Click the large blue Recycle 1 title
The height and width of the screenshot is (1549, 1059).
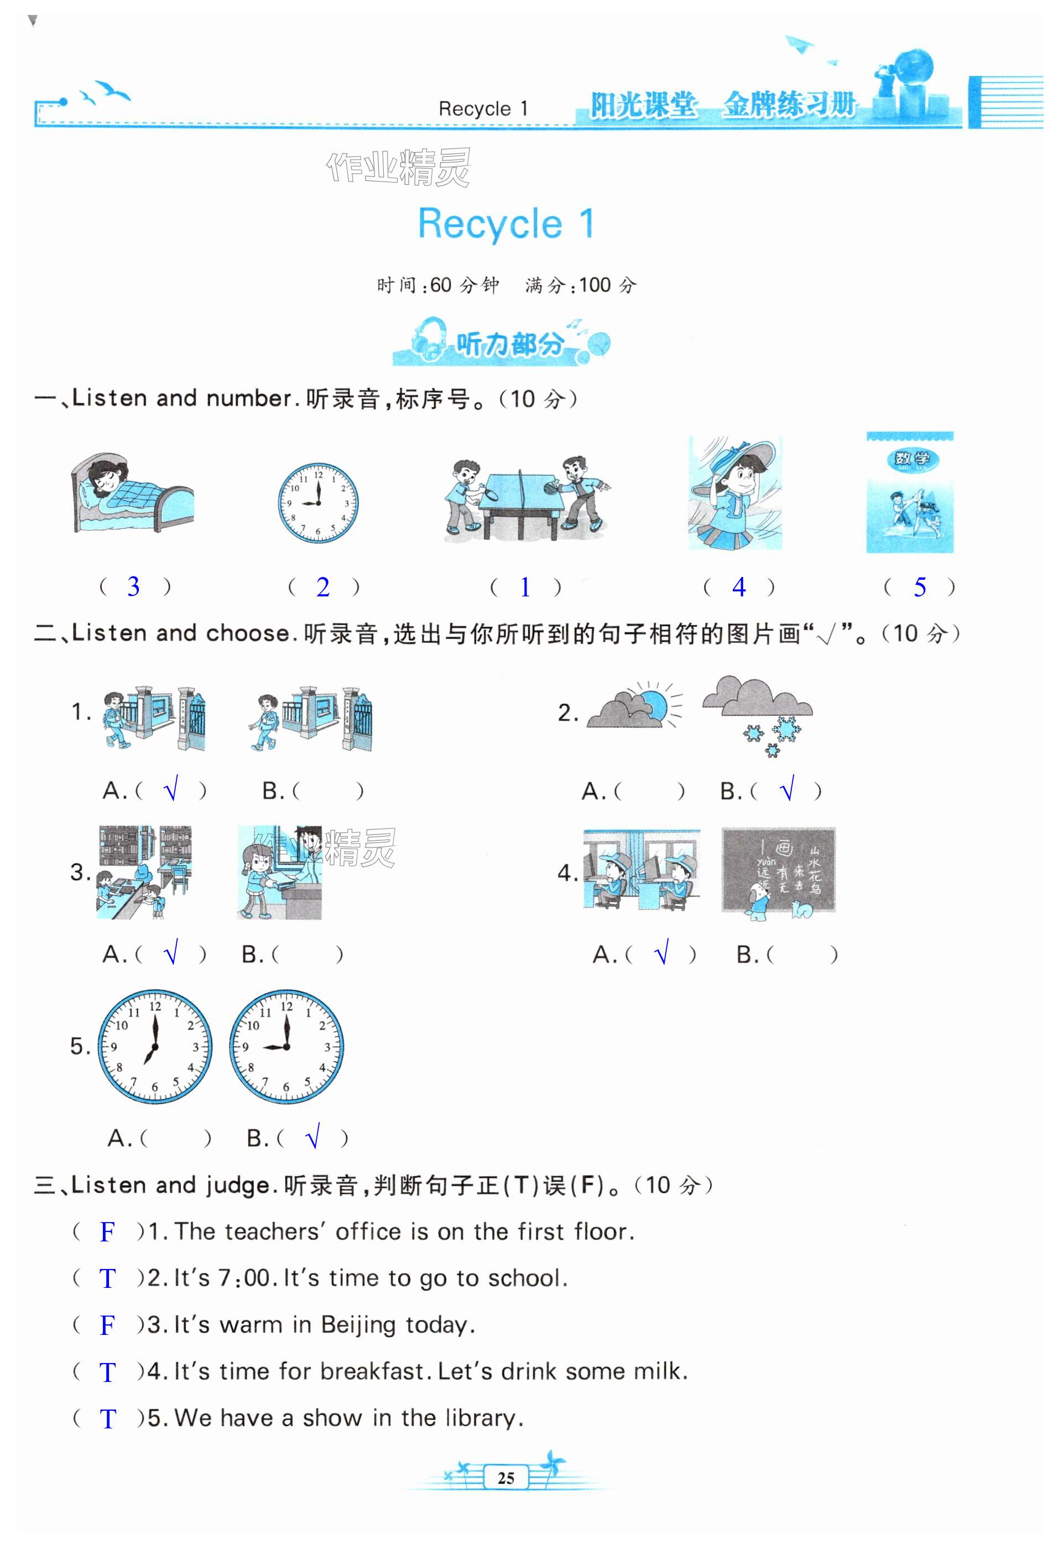[x=505, y=223]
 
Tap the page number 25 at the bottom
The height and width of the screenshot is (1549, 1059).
[x=506, y=1478]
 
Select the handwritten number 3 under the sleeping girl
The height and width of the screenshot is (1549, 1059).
[x=133, y=586]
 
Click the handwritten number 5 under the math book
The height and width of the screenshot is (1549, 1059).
[x=920, y=587]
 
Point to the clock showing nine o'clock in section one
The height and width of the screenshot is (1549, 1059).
[x=318, y=502]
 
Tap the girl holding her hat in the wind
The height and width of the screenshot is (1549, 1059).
[x=735, y=492]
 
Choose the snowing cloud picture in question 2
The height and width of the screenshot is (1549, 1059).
[x=758, y=716]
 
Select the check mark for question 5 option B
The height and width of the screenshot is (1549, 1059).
[x=312, y=1136]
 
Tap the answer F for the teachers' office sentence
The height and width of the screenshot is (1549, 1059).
[x=107, y=1232]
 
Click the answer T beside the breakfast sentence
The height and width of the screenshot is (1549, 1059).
[x=107, y=1373]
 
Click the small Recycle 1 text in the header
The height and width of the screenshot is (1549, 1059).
[x=483, y=108]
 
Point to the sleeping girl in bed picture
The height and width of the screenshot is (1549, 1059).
[x=132, y=492]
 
